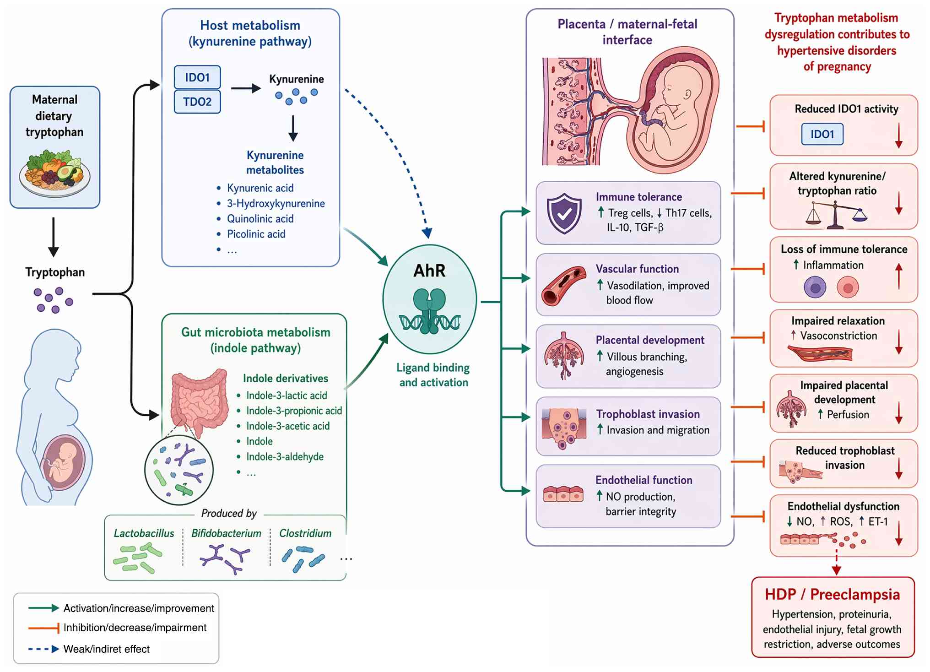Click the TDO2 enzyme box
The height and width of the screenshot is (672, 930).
(x=197, y=102)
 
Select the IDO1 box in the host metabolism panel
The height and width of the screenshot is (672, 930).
(x=197, y=77)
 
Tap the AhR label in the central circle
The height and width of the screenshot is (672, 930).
(x=429, y=271)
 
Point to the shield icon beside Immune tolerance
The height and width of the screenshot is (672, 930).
(x=564, y=213)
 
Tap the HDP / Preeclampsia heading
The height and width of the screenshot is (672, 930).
(x=832, y=594)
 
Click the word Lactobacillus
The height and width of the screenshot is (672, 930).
(x=144, y=533)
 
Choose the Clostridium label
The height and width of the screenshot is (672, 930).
(x=305, y=533)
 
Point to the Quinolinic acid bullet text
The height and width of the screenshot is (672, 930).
(x=260, y=219)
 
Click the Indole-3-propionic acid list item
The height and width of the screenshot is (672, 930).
(x=294, y=411)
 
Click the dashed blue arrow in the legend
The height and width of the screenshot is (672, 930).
(x=43, y=649)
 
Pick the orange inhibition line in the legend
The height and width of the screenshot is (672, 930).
(x=43, y=628)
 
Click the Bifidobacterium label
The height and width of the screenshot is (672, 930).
(x=226, y=533)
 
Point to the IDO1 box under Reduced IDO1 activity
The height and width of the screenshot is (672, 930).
(x=822, y=134)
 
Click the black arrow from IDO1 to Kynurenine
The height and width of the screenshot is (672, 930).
(x=246, y=88)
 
